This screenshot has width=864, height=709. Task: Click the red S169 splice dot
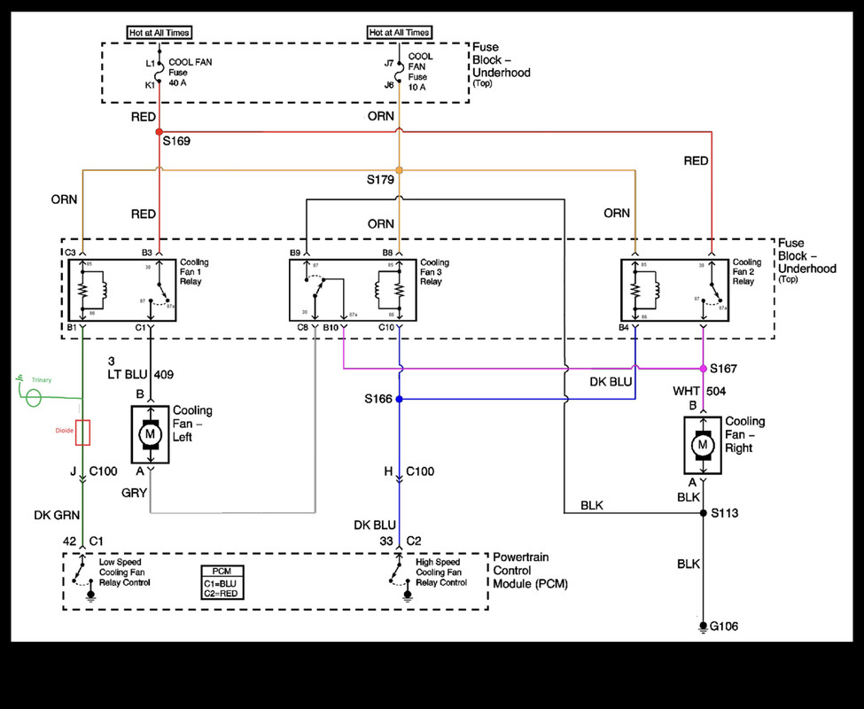click(x=159, y=131)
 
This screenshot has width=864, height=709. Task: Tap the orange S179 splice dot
click(x=400, y=169)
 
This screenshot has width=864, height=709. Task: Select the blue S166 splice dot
click(x=400, y=399)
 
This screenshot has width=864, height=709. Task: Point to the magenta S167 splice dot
click(x=702, y=368)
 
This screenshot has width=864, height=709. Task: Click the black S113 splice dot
click(x=702, y=513)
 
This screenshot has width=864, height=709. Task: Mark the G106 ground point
click(x=702, y=627)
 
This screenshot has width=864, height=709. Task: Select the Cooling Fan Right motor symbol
click(x=704, y=443)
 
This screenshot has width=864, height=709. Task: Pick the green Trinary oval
click(x=34, y=395)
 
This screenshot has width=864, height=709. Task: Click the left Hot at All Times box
click(x=159, y=33)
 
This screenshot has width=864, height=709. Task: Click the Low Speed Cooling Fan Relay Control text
click(x=124, y=573)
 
